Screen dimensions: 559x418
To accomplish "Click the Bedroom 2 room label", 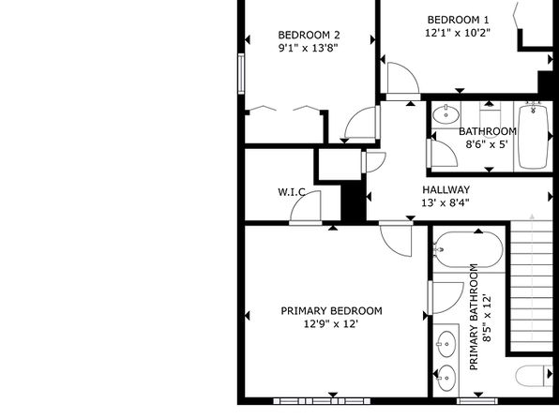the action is tap(309, 35).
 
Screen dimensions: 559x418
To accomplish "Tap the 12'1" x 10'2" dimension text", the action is tap(458, 33).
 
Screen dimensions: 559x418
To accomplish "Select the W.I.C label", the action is tap(292, 192).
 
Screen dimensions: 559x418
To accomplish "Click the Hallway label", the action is tap(446, 189).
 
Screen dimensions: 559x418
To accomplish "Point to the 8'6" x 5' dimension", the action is tap(487, 144).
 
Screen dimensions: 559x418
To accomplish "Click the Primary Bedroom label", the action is tap(331, 311).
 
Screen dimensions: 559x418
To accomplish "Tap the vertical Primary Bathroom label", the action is tap(474, 317).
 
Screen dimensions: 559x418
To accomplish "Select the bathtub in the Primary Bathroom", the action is tap(468, 250).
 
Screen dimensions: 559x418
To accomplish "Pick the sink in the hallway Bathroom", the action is tap(446, 114).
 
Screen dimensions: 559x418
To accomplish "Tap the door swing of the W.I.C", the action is tap(305, 207).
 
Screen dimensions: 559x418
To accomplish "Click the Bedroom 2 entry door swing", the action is tap(361, 122).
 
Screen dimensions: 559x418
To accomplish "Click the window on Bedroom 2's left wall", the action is tap(241, 74).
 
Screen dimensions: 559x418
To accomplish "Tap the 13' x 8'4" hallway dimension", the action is tap(446, 202).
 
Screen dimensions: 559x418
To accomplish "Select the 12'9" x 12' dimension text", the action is tap(330, 324).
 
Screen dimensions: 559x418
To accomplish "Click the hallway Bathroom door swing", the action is tap(443, 154).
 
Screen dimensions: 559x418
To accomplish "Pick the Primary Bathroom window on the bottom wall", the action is tap(477, 401).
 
